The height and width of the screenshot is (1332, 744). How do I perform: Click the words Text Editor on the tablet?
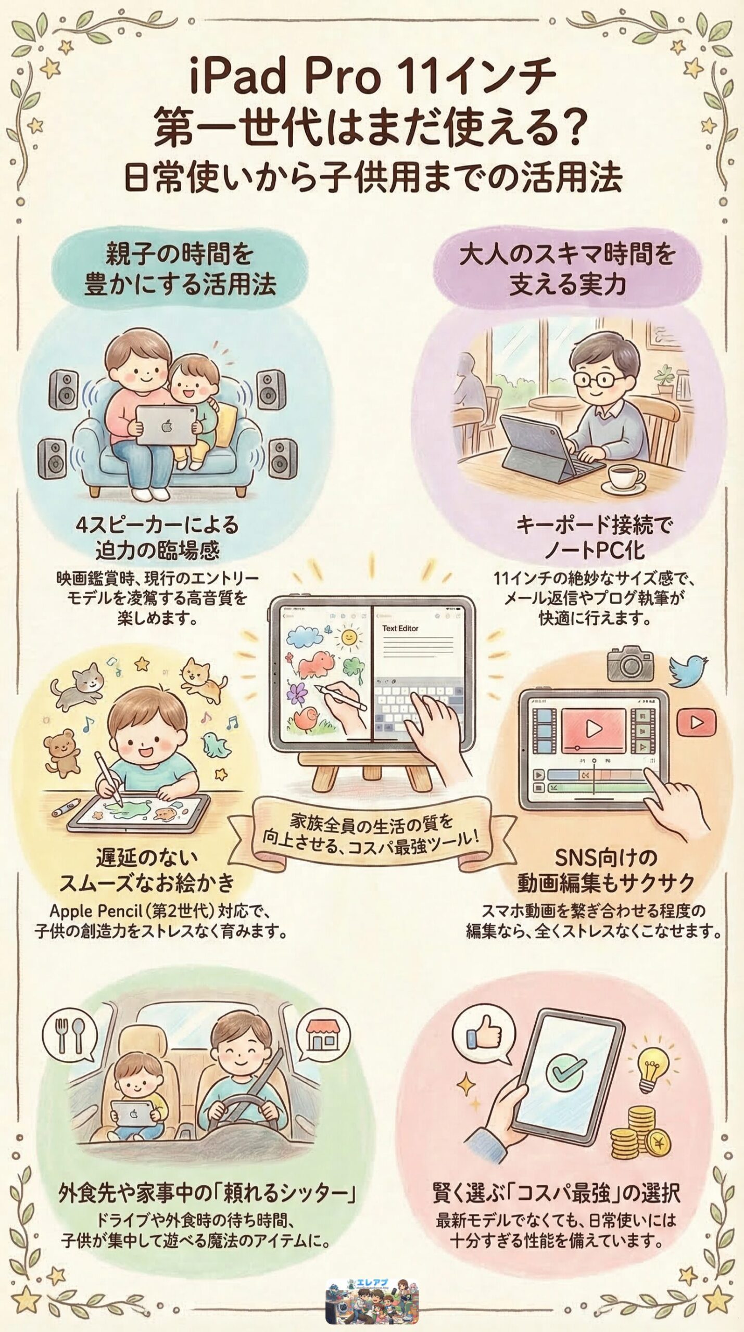400,628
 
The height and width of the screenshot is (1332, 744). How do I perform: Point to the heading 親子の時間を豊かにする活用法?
180,269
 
